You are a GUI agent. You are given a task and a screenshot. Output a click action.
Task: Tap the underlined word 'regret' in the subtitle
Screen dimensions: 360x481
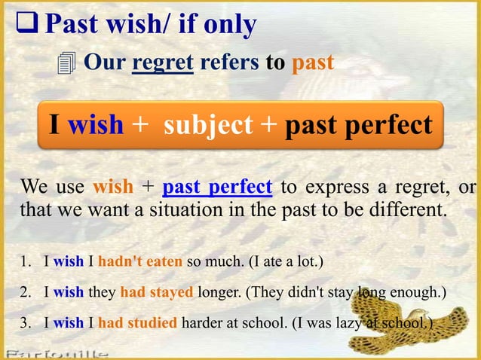(163, 63)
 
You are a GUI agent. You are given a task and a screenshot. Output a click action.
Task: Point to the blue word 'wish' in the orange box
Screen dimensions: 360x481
(96, 124)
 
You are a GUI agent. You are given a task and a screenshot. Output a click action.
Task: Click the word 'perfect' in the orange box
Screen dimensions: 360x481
(391, 124)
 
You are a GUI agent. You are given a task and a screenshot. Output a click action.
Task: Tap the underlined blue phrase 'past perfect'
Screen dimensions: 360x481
(217, 185)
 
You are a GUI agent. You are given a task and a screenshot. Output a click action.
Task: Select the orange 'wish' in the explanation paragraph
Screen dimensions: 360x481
(113, 185)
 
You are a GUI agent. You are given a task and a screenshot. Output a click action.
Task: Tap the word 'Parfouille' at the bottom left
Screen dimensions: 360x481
(57, 353)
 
